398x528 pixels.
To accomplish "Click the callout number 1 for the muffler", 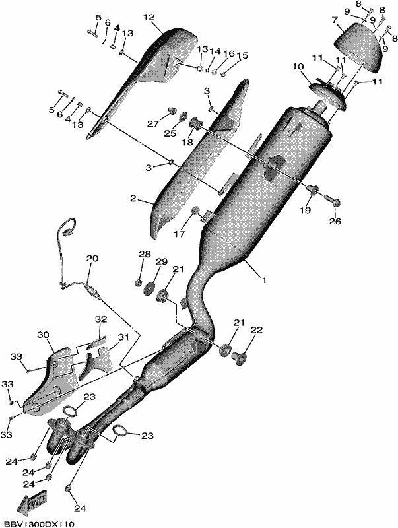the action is (264, 280).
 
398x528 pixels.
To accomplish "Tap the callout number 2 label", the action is (133, 199).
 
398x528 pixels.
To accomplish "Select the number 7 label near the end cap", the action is (335, 20).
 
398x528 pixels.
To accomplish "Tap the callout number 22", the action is (256, 331).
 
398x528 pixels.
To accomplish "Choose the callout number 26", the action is (335, 221).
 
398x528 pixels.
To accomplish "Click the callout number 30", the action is (43, 335).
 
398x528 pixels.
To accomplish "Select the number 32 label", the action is (101, 319).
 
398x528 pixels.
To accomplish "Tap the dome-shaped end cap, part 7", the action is (358, 47).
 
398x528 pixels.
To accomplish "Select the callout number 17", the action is (180, 233).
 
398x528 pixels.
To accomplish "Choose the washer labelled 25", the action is (183, 117).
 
